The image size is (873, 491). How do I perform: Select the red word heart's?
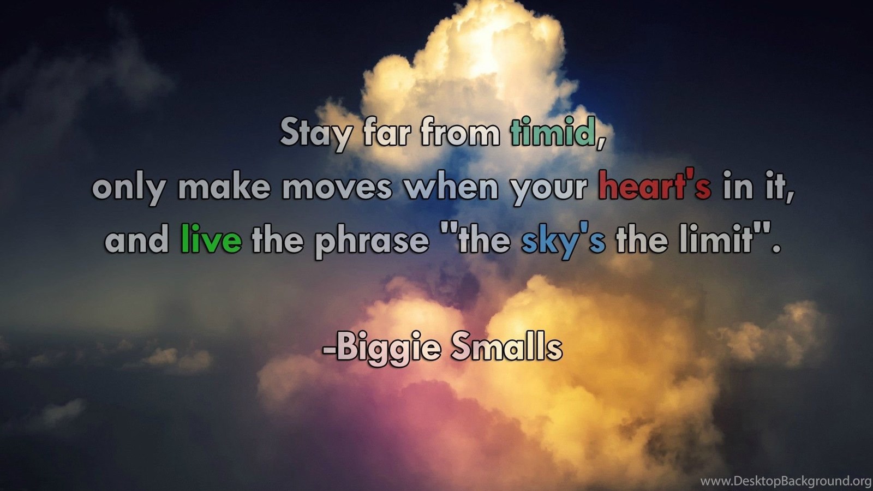(x=655, y=185)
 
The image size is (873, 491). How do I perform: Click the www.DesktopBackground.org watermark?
(x=786, y=481)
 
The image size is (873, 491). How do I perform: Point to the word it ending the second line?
(x=779, y=187)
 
